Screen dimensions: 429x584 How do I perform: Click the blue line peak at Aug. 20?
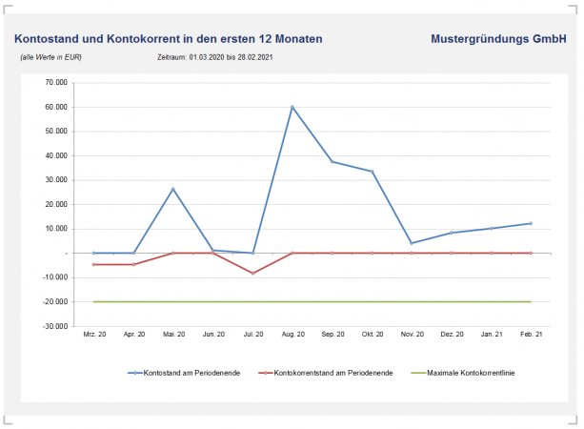click(x=292, y=107)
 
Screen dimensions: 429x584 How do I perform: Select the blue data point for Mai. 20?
click(x=172, y=189)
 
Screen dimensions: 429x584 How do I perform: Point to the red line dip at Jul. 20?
click(x=252, y=274)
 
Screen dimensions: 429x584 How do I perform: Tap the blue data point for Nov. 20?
click(x=411, y=243)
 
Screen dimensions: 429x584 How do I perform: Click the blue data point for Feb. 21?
click(x=530, y=223)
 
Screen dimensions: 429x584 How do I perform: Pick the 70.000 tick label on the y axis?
click(x=54, y=83)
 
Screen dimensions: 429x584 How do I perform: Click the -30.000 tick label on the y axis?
click(x=53, y=326)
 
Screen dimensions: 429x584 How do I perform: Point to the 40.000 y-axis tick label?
click(x=54, y=155)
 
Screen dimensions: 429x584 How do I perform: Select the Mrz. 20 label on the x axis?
click(x=93, y=335)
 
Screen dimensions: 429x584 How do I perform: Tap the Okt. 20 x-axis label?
click(x=372, y=335)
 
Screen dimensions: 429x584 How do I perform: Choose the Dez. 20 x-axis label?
click(x=451, y=335)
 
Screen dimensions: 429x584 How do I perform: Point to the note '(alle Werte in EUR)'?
click(x=50, y=58)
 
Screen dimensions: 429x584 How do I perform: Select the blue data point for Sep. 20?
click(x=332, y=162)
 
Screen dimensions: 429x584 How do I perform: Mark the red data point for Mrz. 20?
click(x=93, y=264)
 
